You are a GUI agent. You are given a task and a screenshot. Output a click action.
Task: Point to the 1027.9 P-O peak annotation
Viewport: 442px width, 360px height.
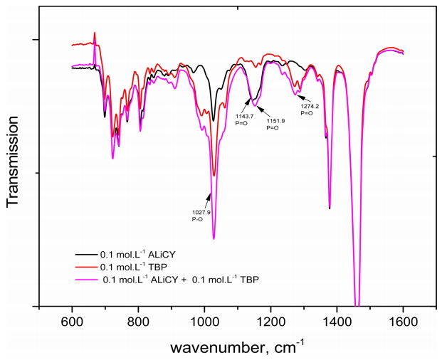pyautogui.click(x=201, y=215)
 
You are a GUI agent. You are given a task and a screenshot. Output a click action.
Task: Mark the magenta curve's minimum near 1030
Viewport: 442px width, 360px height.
pyautogui.click(x=214, y=239)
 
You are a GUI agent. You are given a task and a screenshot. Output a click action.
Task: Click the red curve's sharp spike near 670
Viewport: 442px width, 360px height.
pyautogui.click(x=95, y=33)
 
